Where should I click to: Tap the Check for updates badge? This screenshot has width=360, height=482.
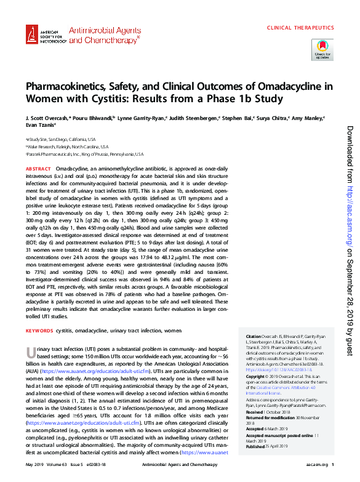click(322, 49)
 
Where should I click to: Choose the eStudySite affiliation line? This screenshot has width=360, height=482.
click(60, 139)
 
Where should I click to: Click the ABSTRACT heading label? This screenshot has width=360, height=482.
click(38, 168)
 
